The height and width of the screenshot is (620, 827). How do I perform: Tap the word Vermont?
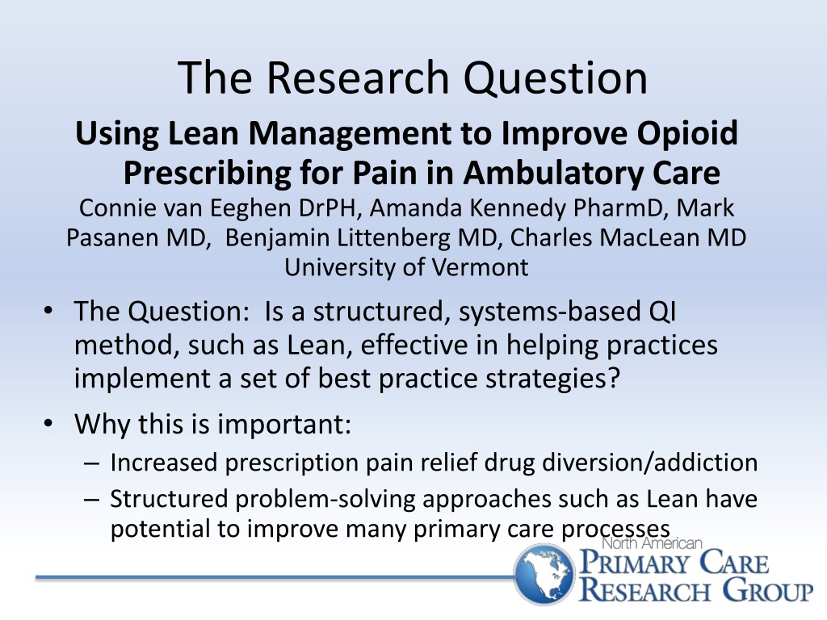point(481,267)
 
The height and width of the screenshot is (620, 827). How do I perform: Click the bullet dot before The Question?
point(48,310)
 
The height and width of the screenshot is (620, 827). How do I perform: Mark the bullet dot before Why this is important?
point(48,423)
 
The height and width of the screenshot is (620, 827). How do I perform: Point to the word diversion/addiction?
point(650,463)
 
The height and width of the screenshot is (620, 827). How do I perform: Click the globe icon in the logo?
point(544,574)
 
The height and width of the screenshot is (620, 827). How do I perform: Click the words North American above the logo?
point(652,542)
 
